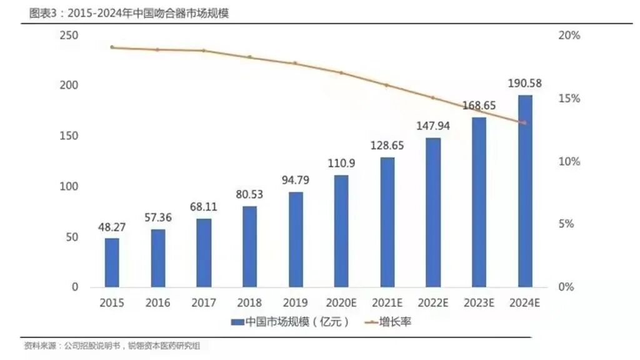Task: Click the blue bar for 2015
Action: pyautogui.click(x=112, y=262)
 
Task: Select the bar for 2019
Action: pyautogui.click(x=296, y=239)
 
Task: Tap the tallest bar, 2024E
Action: pyautogui.click(x=525, y=191)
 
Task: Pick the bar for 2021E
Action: pyautogui.click(x=387, y=222)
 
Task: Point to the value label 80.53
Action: pyautogui.click(x=249, y=194)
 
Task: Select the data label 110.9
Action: pyautogui.click(x=341, y=163)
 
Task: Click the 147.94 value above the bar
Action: pyautogui.click(x=433, y=126)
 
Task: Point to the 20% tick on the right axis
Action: pyautogui.click(x=569, y=36)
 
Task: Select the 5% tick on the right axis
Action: pyautogui.click(x=566, y=224)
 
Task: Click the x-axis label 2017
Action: pyautogui.click(x=204, y=303)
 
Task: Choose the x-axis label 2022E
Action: pyautogui.click(x=433, y=303)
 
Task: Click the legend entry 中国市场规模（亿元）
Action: pyautogui.click(x=290, y=322)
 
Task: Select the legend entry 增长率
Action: pyautogui.click(x=388, y=322)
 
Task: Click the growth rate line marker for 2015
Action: pyautogui.click(x=112, y=47)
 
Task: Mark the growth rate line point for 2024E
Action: pyautogui.click(x=524, y=122)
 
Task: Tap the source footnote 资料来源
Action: pyautogui.click(x=116, y=346)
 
